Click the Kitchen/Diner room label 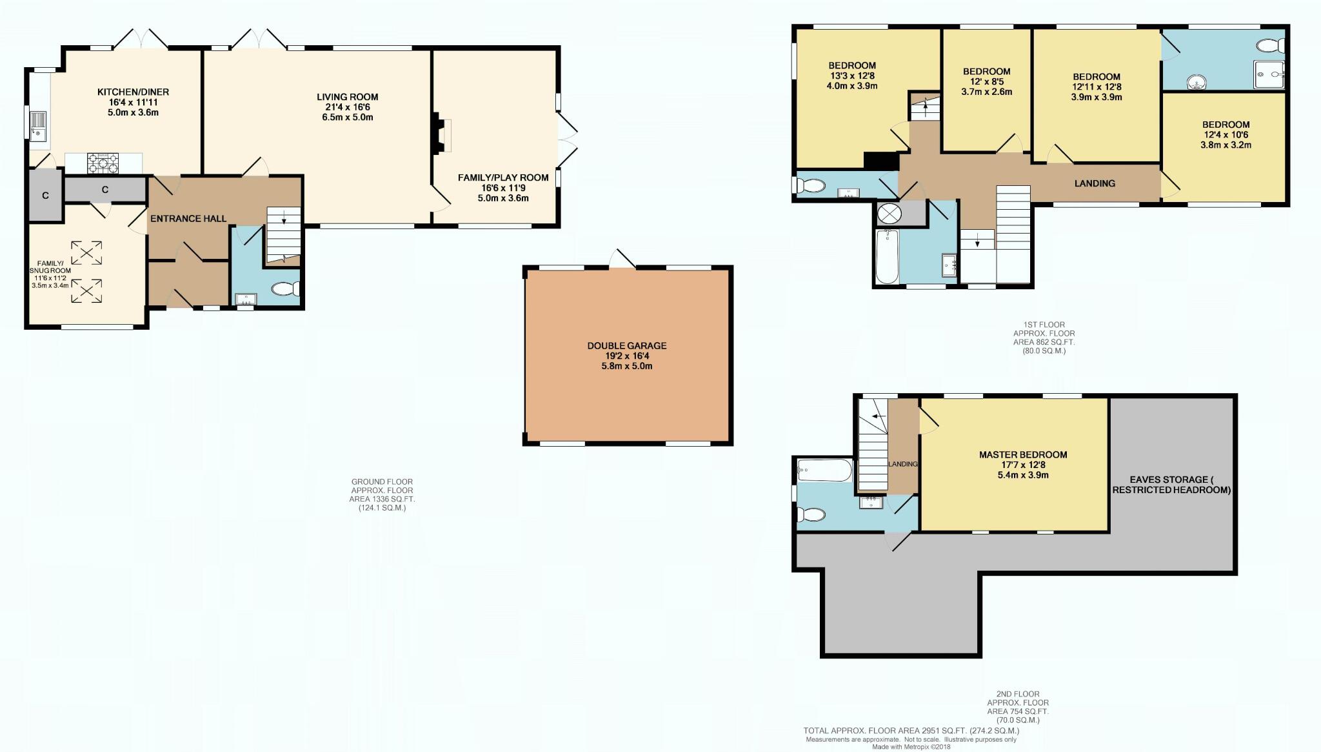(133, 92)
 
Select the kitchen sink (38, 127)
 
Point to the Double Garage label (626, 346)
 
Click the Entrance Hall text (188, 219)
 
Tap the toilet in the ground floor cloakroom (284, 289)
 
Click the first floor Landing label (1095, 183)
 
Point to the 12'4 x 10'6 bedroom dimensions (1226, 135)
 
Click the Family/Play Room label (503, 178)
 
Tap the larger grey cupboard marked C (104, 190)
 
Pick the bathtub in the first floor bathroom (887, 257)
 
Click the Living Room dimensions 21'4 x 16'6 (347, 107)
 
